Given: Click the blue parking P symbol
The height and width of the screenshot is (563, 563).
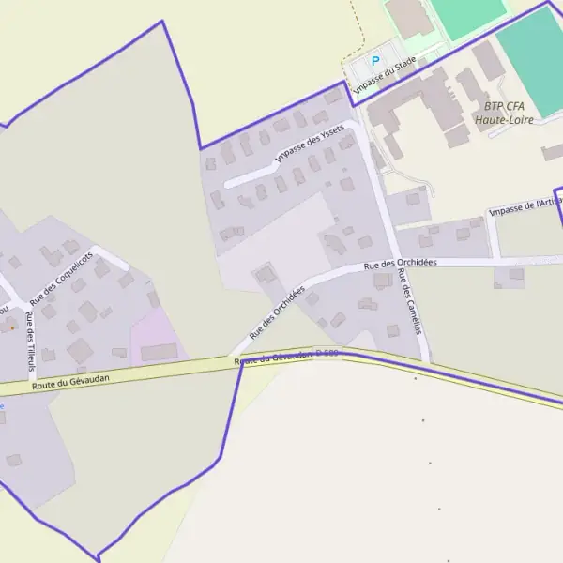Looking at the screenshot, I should click(x=375, y=62).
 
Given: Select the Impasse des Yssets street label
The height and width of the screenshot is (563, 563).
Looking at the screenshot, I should click(x=311, y=145).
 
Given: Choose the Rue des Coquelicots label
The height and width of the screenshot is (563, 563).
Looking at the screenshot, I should click(x=62, y=278).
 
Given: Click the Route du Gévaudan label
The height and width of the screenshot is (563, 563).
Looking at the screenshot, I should click(x=70, y=378).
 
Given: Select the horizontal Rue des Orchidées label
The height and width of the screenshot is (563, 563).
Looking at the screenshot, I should click(x=401, y=265).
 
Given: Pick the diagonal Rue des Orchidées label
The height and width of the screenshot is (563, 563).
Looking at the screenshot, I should click(x=276, y=313).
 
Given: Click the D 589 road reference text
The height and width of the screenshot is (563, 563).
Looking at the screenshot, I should click(x=326, y=354).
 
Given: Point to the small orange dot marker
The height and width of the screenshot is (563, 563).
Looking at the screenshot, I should click(x=11, y=328).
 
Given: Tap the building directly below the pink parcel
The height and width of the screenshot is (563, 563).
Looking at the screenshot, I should click(x=159, y=353).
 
